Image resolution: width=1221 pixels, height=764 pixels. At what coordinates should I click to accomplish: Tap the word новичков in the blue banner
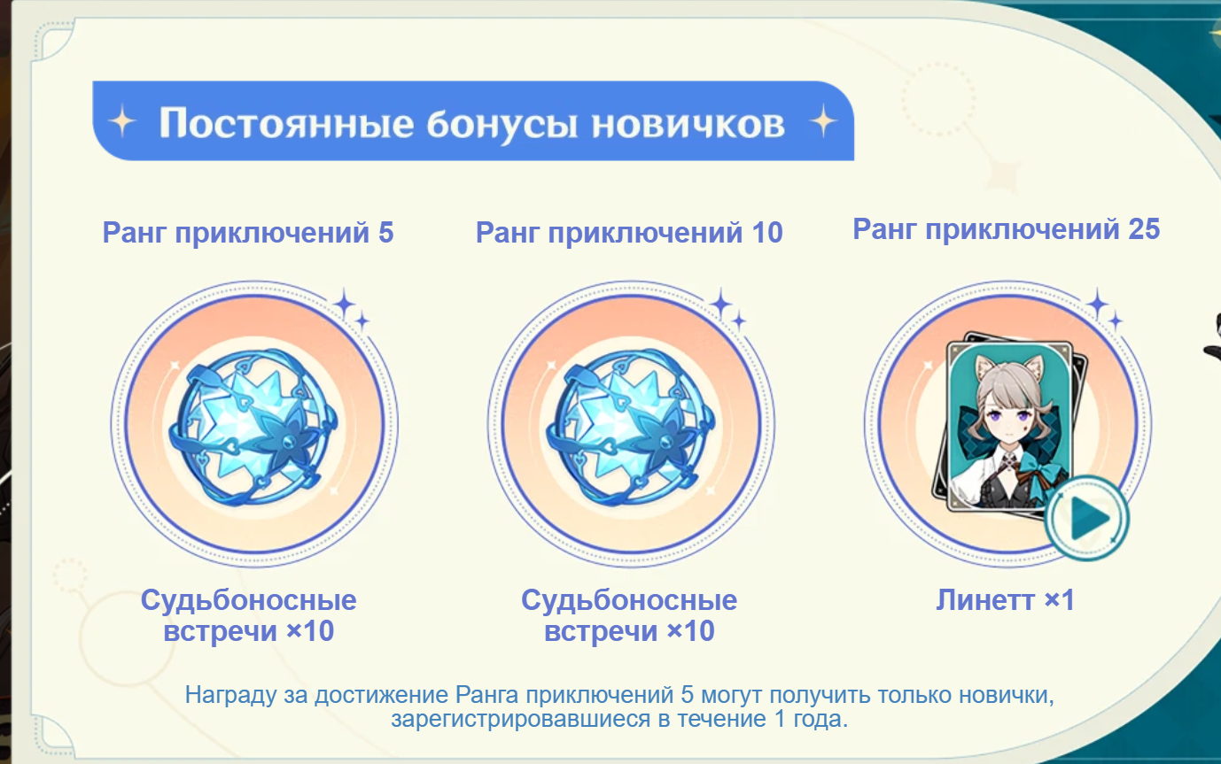click(x=688, y=123)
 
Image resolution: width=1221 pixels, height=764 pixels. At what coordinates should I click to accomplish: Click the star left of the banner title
click(x=122, y=121)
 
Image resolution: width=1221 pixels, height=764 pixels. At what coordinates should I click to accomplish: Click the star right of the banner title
click(x=823, y=121)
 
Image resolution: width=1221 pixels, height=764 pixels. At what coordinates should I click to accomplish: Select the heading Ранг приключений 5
click(x=248, y=233)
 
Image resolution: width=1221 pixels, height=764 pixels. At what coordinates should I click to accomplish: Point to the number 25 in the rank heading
click(x=1144, y=229)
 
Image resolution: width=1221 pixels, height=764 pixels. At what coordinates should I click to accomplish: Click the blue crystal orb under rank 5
click(x=253, y=427)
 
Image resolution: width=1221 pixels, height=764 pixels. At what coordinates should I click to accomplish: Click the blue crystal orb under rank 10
click(x=630, y=427)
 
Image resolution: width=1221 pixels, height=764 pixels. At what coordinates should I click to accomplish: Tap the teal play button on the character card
click(x=1087, y=518)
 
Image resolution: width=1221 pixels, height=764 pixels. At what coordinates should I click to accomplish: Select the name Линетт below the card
click(x=985, y=600)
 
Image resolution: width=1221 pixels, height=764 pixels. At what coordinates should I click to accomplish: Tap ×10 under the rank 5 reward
click(x=310, y=631)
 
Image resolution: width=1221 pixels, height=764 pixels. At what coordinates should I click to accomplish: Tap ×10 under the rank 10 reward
click(x=690, y=631)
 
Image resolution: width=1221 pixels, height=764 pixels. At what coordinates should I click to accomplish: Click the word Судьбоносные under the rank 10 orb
click(x=629, y=600)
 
